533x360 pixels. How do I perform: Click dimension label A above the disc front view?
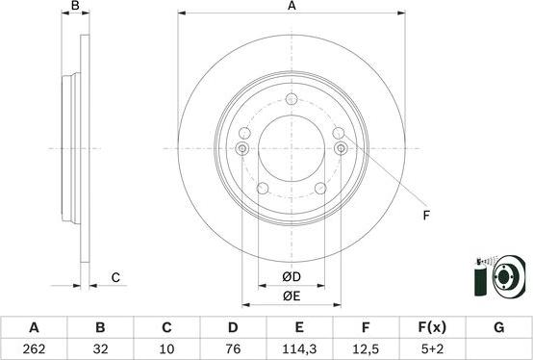(x=291, y=7)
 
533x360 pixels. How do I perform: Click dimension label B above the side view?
(x=76, y=7)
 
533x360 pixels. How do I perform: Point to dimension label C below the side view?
(x=114, y=278)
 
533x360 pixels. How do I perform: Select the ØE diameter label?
(x=291, y=296)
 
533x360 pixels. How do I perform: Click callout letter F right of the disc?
(x=426, y=216)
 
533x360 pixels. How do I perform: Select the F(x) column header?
(x=433, y=327)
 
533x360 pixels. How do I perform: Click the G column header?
(x=498, y=327)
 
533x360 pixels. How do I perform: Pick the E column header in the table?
(x=300, y=327)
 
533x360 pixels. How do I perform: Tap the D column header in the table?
(x=234, y=327)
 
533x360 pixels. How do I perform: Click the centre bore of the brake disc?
(x=291, y=148)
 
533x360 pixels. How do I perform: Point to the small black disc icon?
(x=506, y=280)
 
